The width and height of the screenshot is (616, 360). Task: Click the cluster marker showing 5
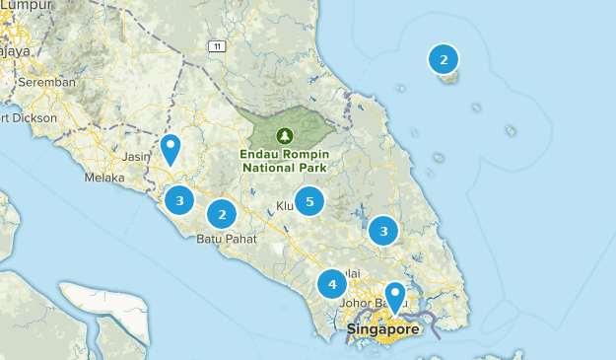tap(309, 201)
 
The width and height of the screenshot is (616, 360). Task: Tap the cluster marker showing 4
tap(332, 285)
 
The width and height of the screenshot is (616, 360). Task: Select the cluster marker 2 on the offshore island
tap(444, 60)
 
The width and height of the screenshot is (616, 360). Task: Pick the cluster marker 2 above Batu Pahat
tap(222, 213)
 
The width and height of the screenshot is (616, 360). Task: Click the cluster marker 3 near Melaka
tap(179, 201)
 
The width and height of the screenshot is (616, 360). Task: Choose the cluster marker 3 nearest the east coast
tap(382, 231)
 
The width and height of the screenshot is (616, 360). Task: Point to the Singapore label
tap(383, 329)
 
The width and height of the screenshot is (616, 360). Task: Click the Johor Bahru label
tap(367, 304)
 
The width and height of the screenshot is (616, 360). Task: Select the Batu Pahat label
tap(227, 239)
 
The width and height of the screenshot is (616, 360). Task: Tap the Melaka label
tap(104, 179)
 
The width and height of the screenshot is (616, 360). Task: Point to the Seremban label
tap(45, 83)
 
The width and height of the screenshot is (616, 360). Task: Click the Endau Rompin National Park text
tap(285, 160)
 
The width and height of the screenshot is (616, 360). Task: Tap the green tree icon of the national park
tap(285, 135)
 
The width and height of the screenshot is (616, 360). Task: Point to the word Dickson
tap(34, 118)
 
